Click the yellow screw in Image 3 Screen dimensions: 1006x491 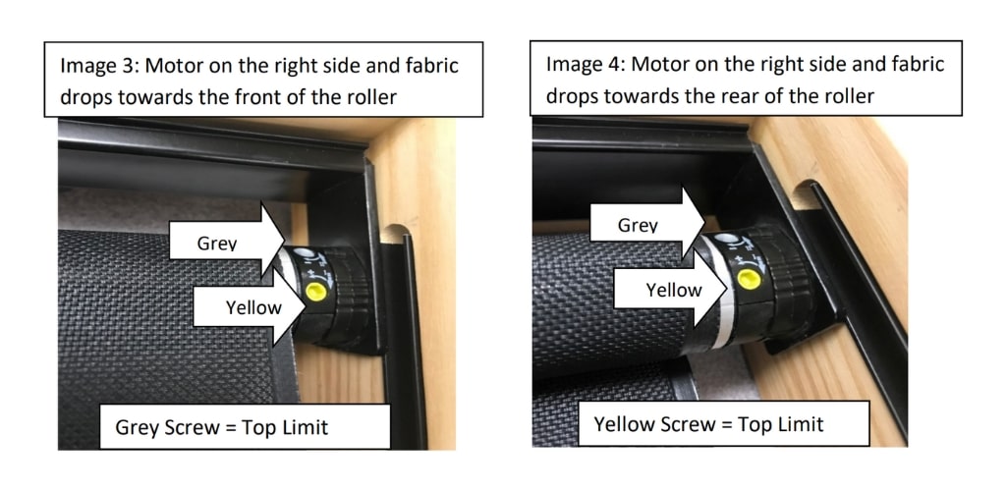point(315,292)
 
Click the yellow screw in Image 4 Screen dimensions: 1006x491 point(748,279)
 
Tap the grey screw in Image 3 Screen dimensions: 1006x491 point(307,253)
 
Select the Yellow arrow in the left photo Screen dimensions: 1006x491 point(250,307)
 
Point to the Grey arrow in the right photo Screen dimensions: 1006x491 point(647,224)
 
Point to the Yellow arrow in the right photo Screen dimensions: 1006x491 point(671,290)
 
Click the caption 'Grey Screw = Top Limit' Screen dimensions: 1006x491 point(221,427)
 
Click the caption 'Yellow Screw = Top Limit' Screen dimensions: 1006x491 point(708,424)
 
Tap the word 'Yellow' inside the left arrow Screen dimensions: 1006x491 point(253,308)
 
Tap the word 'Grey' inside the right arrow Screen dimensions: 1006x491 point(638,225)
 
